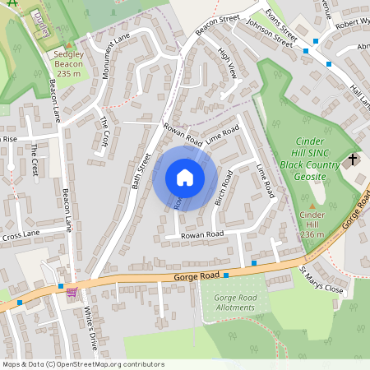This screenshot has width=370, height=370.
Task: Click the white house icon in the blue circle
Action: pyautogui.click(x=184, y=178)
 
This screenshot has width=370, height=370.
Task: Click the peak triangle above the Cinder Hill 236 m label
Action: pyautogui.click(x=312, y=206)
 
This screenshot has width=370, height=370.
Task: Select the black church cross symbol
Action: pyautogui.click(x=354, y=160)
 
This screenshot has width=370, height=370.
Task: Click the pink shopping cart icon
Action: pyautogui.click(x=72, y=291)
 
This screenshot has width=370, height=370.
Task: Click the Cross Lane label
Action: pyautogui.click(x=21, y=236)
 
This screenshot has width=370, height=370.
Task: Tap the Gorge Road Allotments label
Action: pyautogui.click(x=235, y=302)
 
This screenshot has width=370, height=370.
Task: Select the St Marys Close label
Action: pyautogui.click(x=321, y=280)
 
